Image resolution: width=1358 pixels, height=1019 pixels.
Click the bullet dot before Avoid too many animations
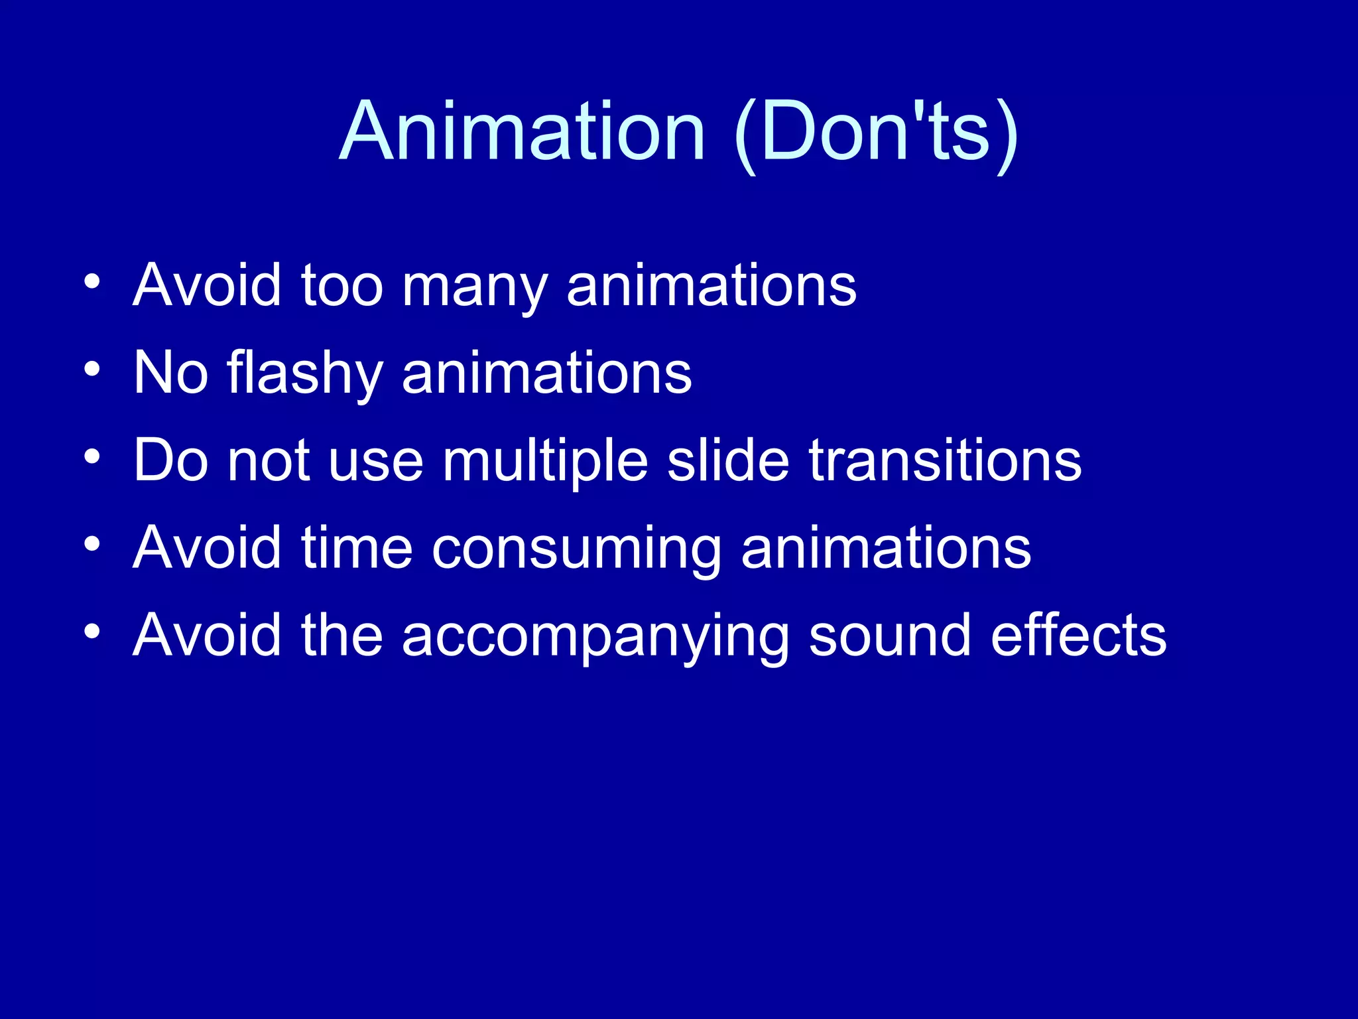[x=92, y=281]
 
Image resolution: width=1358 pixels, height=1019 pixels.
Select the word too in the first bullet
[x=342, y=286]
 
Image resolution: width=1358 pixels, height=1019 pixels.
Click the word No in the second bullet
[x=170, y=373]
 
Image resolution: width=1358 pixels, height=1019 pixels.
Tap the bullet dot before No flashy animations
[x=92, y=368]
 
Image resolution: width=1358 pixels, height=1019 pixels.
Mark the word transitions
[x=945, y=460]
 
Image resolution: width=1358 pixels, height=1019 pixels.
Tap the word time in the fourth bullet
[x=357, y=548]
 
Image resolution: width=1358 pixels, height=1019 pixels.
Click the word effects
[x=1078, y=636]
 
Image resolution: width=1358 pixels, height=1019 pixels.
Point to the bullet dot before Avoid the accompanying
[x=92, y=631]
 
